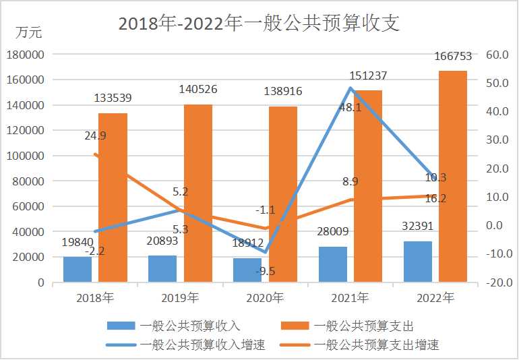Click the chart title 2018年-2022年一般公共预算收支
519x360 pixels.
(x=259, y=24)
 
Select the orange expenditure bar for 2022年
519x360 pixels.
(x=453, y=176)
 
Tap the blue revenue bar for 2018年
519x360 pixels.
(x=78, y=269)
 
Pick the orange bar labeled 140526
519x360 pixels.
(x=198, y=193)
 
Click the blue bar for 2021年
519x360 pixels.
(x=333, y=264)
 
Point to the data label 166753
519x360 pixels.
(x=453, y=57)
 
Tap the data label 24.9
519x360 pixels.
(x=95, y=136)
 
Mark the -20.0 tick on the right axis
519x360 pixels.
(x=498, y=282)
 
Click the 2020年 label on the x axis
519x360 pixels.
(x=264, y=297)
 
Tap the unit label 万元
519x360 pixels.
(x=29, y=32)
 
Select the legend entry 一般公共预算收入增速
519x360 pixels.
(x=203, y=345)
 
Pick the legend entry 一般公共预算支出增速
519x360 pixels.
(x=376, y=345)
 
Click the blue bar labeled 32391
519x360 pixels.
(x=418, y=262)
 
